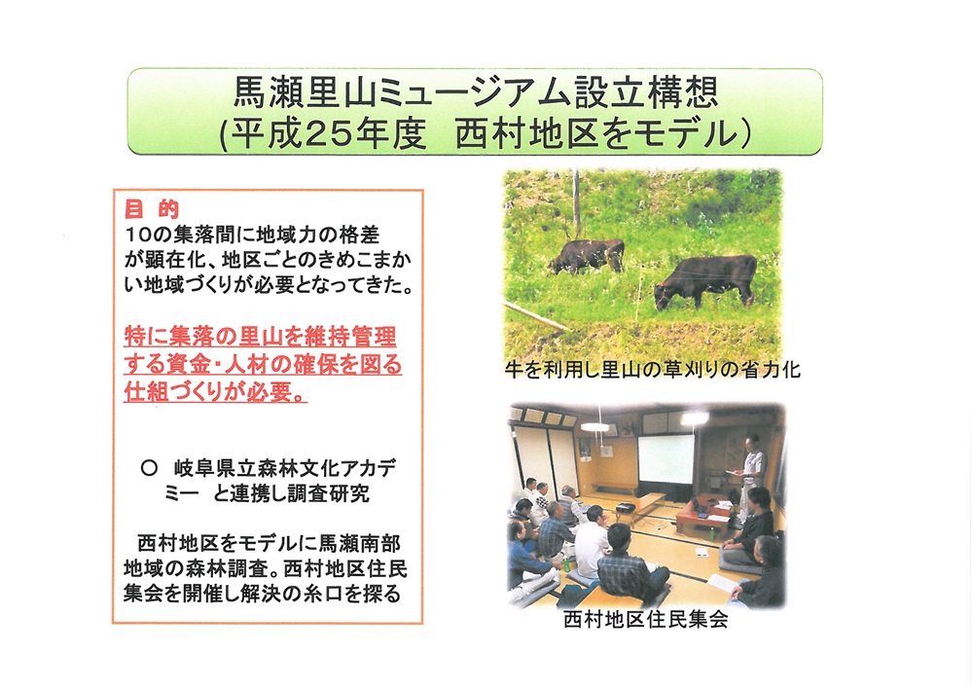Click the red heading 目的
coord(152,209)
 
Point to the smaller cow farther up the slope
coord(587,256)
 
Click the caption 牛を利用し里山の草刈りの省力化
coord(653,371)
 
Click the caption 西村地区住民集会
coord(645,619)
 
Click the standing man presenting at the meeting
coord(752,477)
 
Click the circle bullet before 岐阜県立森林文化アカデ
coord(149,468)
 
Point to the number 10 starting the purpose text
coord(135,235)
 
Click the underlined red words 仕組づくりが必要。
coord(215,392)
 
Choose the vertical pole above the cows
coord(576,204)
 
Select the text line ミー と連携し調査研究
coord(267,493)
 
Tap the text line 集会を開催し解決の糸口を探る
coord(262,594)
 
